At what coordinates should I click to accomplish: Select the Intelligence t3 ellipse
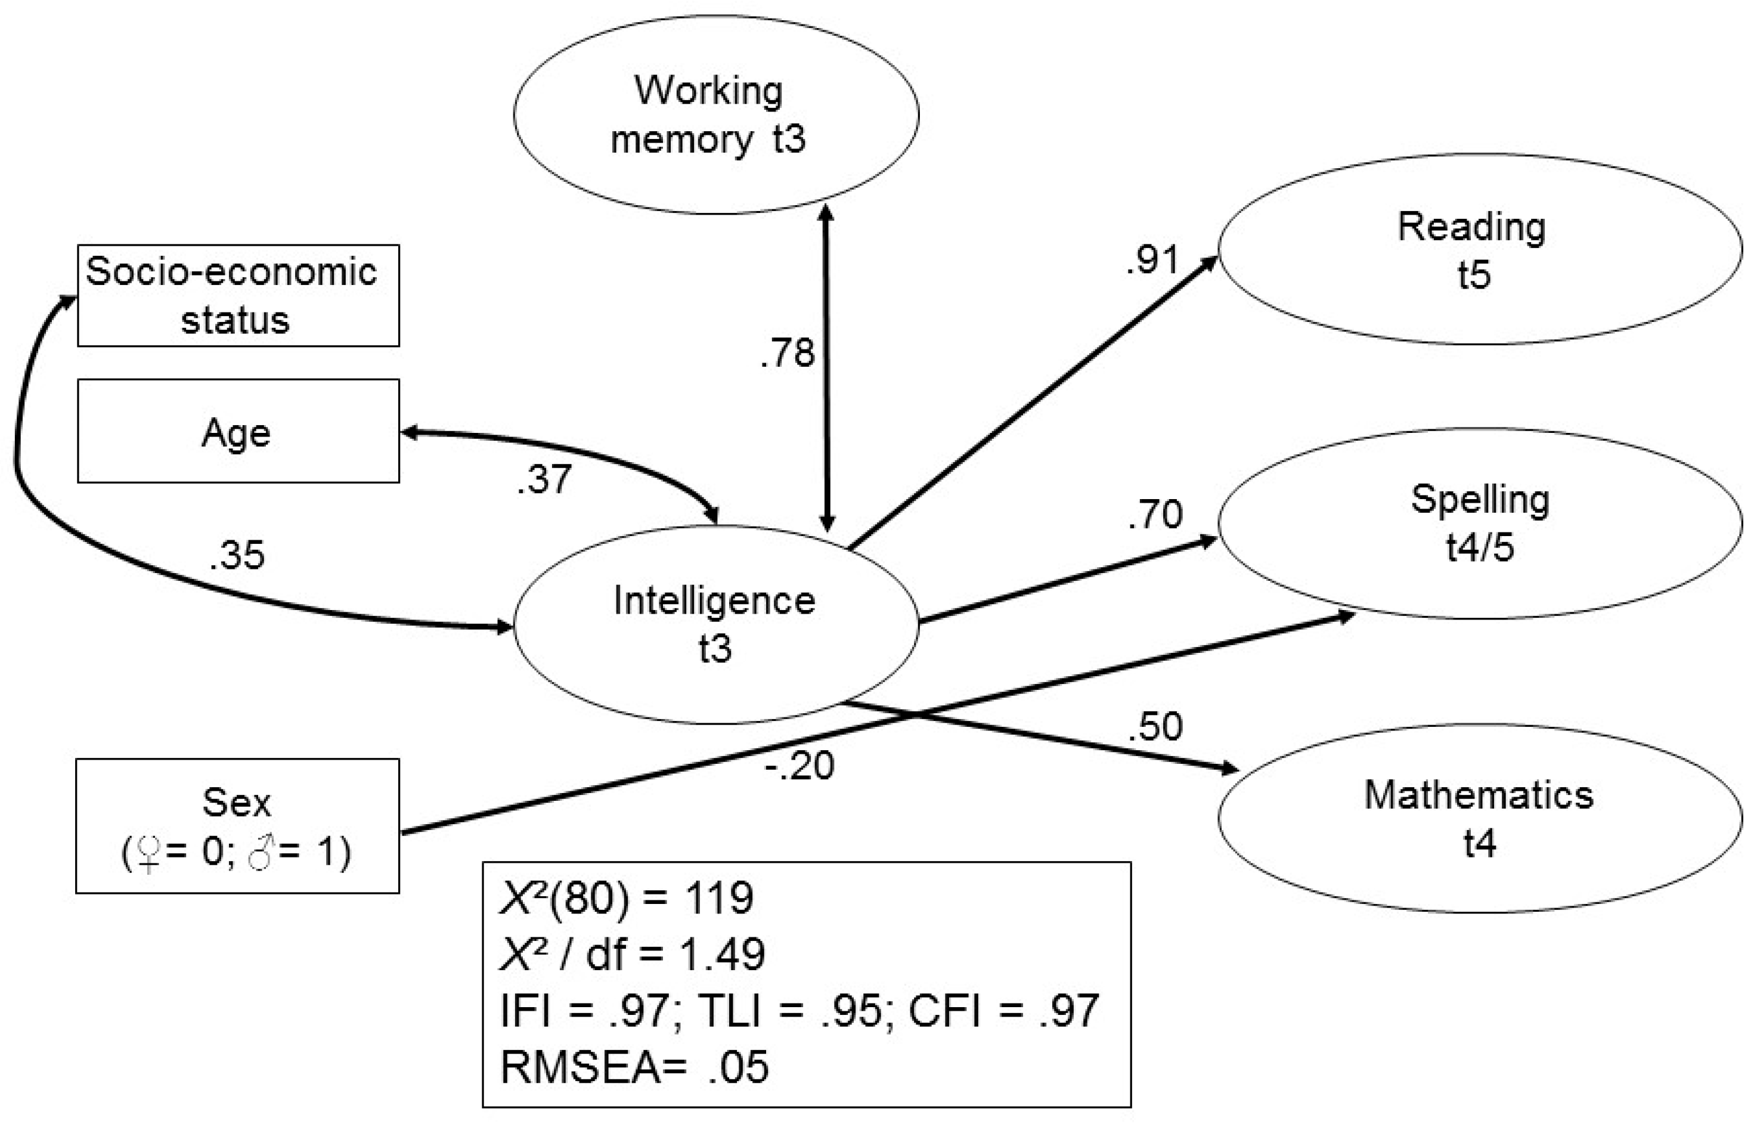(x=715, y=624)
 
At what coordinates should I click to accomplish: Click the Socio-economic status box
(x=238, y=296)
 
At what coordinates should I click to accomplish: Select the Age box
(x=238, y=431)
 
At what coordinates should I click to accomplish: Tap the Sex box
(x=238, y=825)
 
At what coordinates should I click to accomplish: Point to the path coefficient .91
(x=1152, y=259)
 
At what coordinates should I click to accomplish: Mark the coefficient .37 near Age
(x=544, y=479)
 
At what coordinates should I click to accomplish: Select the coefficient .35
(x=236, y=555)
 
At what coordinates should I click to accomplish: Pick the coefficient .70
(x=1155, y=514)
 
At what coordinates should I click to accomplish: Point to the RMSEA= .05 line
(x=634, y=1066)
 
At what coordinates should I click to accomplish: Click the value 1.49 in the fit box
(x=722, y=953)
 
